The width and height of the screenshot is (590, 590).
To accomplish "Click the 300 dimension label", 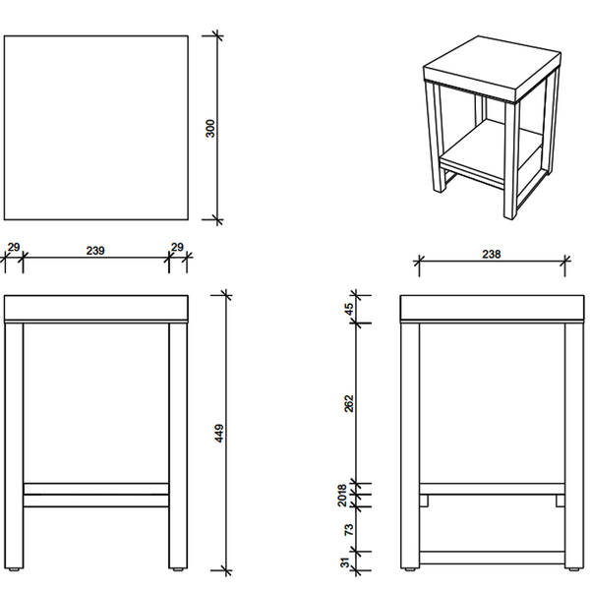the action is coord(210,128).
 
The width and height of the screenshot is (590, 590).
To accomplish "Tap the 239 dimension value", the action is coord(95,251).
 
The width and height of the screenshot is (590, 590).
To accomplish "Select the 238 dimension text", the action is coord(492,255).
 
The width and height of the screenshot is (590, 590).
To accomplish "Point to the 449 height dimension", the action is coord(219,433).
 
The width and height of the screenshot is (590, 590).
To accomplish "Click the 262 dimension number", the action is coord(349,403).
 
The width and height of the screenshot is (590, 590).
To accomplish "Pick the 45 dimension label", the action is coord(349,309).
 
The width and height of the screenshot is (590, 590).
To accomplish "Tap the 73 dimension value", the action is coord(349,529).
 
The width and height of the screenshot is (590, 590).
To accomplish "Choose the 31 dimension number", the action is coord(345,562).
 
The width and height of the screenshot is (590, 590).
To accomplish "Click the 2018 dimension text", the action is coord(342,496).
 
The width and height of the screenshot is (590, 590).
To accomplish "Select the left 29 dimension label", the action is coord(14,247).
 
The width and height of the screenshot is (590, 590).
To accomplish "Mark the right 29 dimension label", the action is coord(177,247).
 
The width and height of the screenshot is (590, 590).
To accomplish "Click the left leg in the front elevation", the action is coord(14,445).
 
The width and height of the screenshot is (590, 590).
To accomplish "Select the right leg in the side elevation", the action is coord(574,445).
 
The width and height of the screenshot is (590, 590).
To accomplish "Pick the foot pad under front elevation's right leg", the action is coord(178,569).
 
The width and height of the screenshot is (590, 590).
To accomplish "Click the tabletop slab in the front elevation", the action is coord(96,308).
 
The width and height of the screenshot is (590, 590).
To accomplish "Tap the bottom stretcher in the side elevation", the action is coord(492,558).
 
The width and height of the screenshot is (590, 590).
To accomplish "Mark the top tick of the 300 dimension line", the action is coord(217,36).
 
